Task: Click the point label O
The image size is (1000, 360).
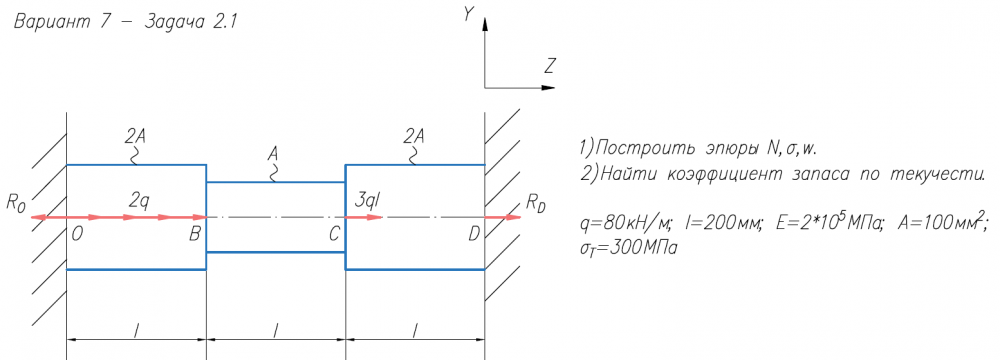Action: point(77,235)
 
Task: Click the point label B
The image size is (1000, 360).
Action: point(195,235)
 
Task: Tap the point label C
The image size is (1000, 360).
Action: point(334,235)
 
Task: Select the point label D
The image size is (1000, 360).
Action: point(474,235)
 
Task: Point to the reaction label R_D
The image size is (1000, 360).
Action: point(536,204)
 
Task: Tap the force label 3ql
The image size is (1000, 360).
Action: point(367,201)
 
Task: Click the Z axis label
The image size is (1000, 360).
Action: point(551,64)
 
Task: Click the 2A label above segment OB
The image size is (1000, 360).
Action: point(135,136)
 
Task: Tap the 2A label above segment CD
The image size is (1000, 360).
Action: point(415,136)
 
